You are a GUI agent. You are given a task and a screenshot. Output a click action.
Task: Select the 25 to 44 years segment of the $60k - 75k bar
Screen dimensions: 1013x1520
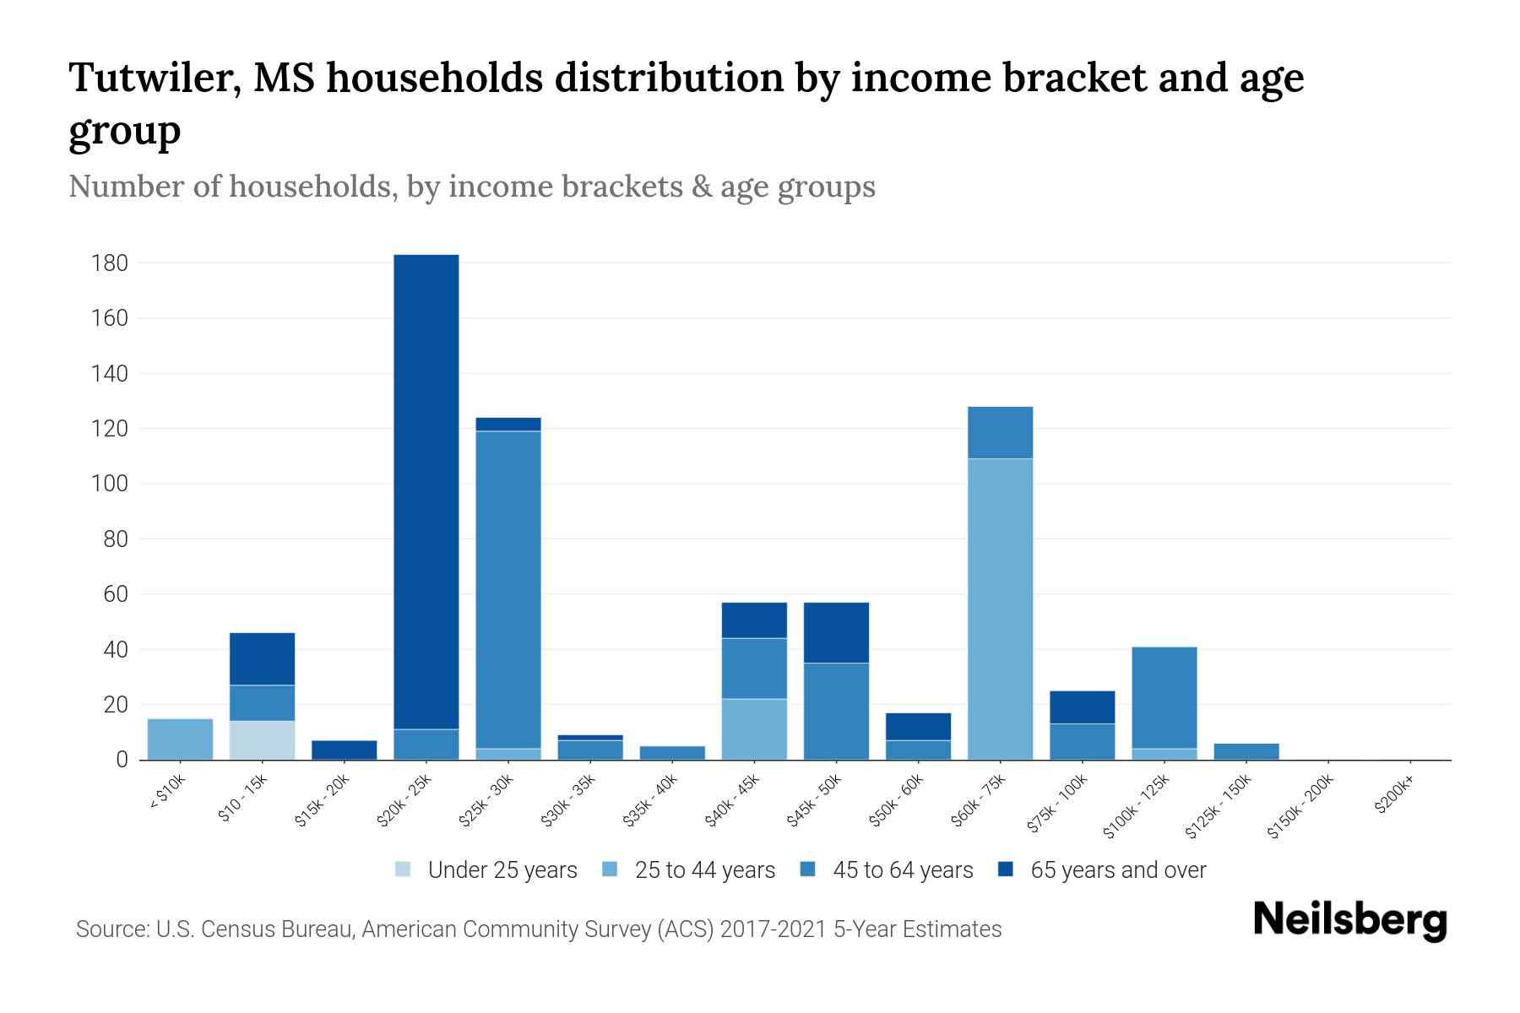coord(1000,609)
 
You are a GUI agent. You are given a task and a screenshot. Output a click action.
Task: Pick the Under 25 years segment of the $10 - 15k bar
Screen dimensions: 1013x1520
coord(262,740)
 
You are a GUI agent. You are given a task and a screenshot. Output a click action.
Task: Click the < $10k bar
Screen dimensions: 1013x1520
coord(180,739)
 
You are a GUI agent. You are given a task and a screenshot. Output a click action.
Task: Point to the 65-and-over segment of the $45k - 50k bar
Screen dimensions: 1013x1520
coord(836,632)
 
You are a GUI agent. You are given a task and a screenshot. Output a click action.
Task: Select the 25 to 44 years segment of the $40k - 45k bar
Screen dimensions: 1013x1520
coord(754,729)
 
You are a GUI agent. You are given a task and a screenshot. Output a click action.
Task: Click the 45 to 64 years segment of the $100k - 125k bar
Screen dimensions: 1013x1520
coord(1164,697)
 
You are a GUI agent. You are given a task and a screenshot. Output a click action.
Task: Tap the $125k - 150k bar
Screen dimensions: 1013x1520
coord(1246,751)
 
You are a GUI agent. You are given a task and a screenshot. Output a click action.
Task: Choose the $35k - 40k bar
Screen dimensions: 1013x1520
coord(672,753)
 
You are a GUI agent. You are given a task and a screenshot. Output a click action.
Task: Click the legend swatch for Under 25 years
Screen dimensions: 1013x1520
coord(404,869)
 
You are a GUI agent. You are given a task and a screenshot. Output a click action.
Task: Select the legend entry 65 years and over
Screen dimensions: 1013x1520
coord(1117,870)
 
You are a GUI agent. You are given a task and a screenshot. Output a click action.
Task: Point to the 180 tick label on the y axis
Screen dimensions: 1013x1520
coord(109,263)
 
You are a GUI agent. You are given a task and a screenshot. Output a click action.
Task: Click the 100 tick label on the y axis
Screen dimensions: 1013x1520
coord(109,484)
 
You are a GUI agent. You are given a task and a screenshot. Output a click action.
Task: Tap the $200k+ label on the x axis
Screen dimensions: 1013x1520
coord(1393,797)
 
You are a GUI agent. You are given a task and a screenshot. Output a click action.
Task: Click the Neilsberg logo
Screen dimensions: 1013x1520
coord(1349,920)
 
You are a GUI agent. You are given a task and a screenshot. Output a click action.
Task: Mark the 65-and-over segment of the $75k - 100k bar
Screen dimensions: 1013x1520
coord(1082,707)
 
